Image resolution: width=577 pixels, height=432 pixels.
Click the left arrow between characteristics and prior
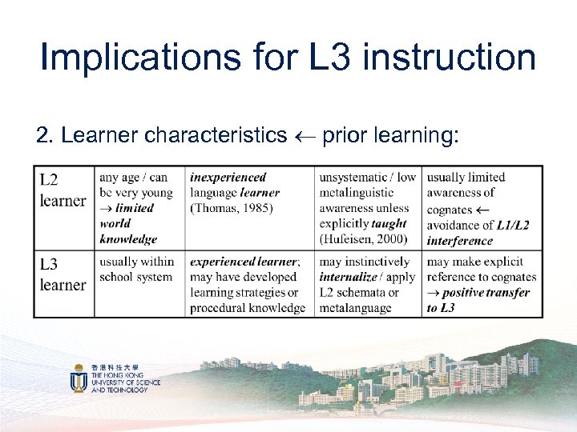point(304,136)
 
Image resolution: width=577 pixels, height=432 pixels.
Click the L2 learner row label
point(63,190)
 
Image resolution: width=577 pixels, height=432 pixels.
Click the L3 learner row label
point(63,274)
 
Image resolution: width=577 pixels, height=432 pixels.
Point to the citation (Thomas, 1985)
point(232,208)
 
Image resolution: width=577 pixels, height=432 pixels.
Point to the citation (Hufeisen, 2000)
point(363,239)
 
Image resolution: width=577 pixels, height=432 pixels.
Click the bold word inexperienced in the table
point(228,177)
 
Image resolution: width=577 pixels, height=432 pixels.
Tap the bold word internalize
point(349,277)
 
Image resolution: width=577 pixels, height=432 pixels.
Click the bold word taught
point(389,224)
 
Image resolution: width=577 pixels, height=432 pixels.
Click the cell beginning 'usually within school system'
point(136,270)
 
